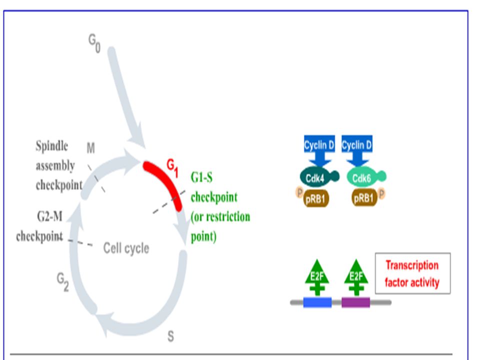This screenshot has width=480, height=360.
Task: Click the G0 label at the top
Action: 94,43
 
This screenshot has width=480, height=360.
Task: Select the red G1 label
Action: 172,168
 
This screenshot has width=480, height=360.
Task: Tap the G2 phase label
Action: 63,282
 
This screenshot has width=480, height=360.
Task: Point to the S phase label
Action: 171,336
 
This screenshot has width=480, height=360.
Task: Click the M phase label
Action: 90,148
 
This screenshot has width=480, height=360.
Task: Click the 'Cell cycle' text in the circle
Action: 126,248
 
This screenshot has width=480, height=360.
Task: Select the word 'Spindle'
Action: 51,146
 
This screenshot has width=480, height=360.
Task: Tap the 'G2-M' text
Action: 49,216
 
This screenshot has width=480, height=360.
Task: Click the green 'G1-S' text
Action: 201,177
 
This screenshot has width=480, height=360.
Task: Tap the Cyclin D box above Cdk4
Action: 319,145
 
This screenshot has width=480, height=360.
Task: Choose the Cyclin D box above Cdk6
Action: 357,145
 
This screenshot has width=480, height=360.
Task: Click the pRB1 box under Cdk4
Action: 316,199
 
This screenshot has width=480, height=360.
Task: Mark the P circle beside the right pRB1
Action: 381,193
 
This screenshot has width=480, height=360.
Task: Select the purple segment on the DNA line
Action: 355,302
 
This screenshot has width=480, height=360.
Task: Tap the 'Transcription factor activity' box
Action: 412,273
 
